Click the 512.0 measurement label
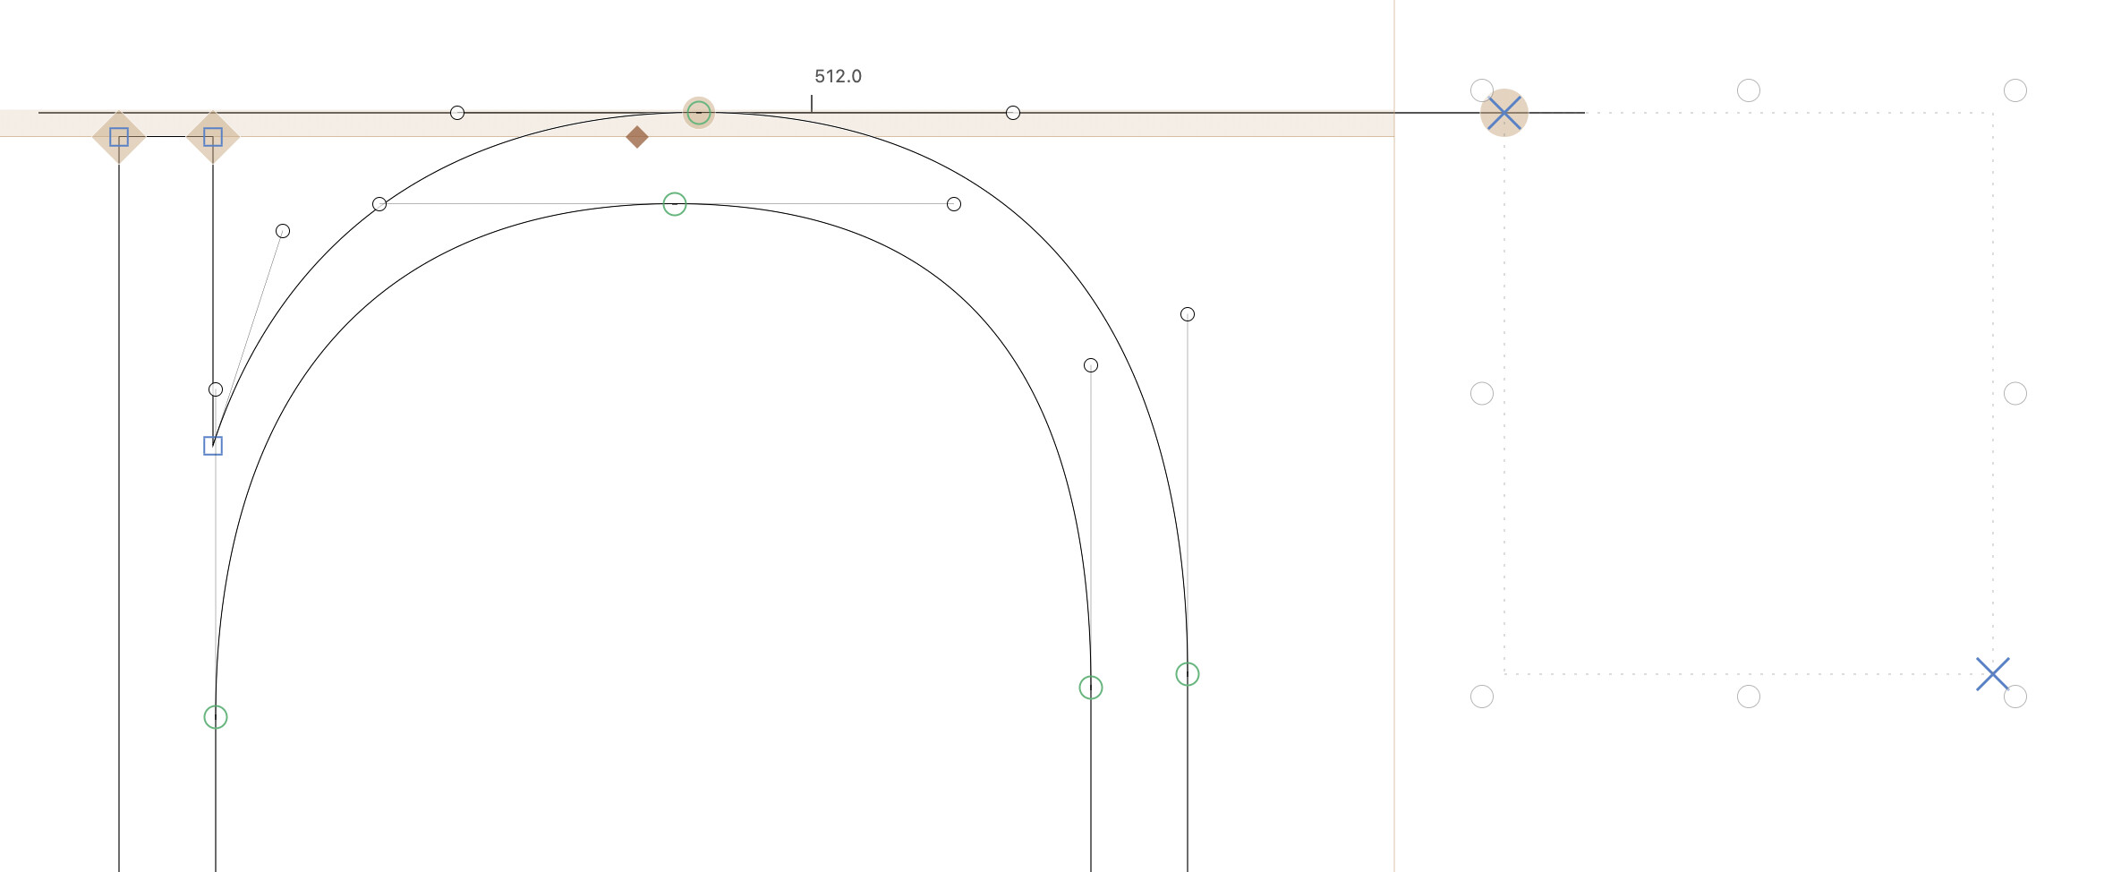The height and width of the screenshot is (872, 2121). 838,76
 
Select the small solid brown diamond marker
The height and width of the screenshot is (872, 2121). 637,137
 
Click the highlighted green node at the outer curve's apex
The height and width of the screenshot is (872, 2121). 699,113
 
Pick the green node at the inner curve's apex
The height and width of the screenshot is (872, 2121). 675,204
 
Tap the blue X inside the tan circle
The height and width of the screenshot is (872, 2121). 1504,114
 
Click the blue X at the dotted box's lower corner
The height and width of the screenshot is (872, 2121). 1993,674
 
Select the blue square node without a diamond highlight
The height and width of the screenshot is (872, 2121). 213,446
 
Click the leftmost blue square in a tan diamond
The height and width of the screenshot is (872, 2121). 119,137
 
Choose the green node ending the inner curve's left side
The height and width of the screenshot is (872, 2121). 216,717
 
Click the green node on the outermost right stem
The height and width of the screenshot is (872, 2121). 1188,674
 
